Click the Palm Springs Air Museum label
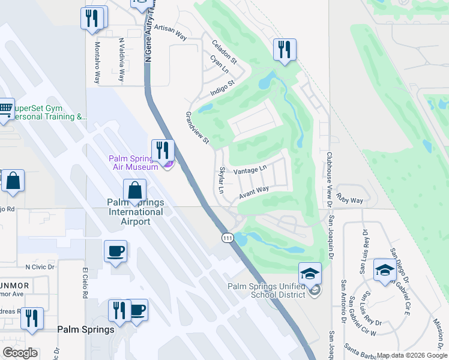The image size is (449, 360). (x=133, y=163)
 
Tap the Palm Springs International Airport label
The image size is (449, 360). (x=135, y=212)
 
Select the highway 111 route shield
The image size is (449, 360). (x=228, y=238)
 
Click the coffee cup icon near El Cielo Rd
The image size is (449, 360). (x=115, y=251)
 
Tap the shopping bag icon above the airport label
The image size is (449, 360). (x=135, y=191)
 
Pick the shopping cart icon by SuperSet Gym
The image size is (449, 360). (x=5, y=110)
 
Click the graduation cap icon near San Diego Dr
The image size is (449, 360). (x=384, y=270)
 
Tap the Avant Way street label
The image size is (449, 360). (x=253, y=193)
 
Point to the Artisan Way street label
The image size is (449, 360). (x=170, y=32)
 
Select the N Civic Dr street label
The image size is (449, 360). (x=40, y=267)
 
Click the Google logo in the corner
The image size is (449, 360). (x=20, y=353)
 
